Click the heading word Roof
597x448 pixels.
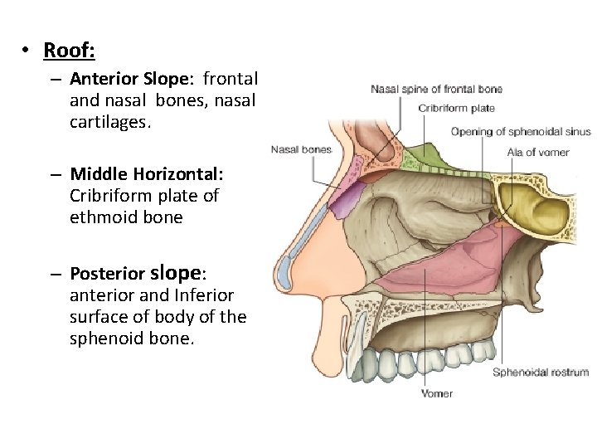pyautogui.click(x=69, y=51)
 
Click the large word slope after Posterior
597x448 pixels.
pyautogui.click(x=177, y=272)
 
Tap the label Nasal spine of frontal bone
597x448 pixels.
pyautogui.click(x=436, y=89)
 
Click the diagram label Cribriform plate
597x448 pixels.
pyautogui.click(x=456, y=108)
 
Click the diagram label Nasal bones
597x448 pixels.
pyautogui.click(x=301, y=150)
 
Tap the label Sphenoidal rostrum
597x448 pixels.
pyautogui.click(x=540, y=373)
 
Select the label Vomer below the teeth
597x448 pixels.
pyautogui.click(x=437, y=393)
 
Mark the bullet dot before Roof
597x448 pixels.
pyautogui.click(x=27, y=51)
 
